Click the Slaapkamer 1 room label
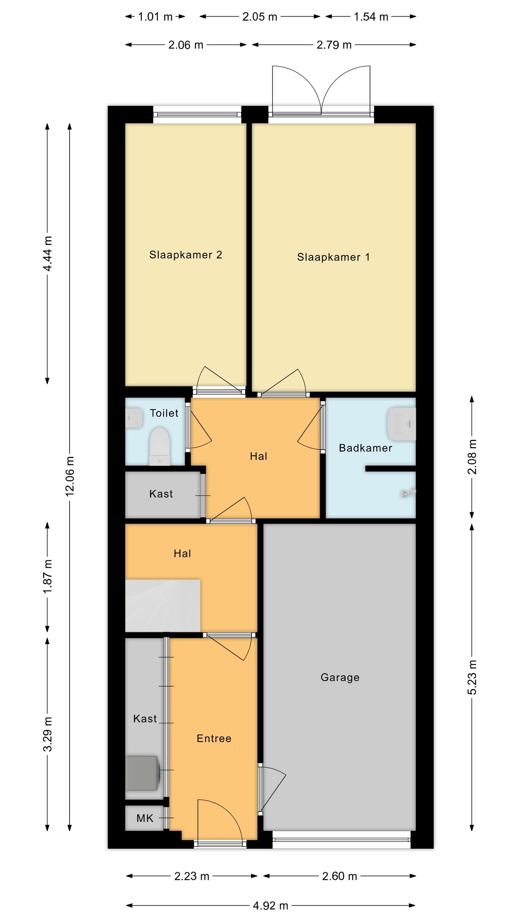click(333, 257)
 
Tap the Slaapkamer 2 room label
click(185, 255)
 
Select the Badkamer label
click(365, 448)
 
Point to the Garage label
click(340, 677)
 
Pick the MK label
click(145, 818)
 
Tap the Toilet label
click(164, 413)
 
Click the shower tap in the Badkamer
click(408, 493)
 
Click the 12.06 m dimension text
click(69, 476)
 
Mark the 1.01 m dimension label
click(155, 17)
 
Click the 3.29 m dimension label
click(48, 734)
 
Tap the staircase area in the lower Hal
click(162, 605)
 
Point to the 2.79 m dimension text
click(334, 45)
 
